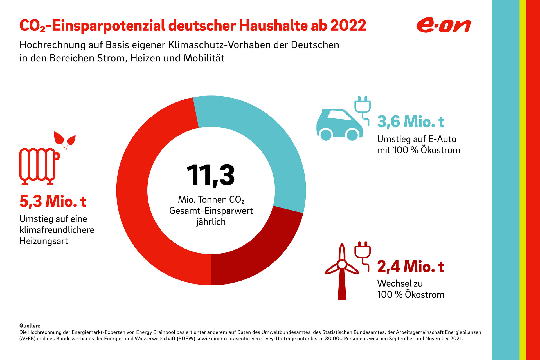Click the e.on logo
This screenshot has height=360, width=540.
pyautogui.click(x=443, y=26)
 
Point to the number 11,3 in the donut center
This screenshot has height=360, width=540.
pyautogui.click(x=210, y=175)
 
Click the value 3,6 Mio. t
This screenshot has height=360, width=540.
pyautogui.click(x=410, y=122)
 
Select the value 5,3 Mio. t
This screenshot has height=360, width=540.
pyautogui.click(x=53, y=202)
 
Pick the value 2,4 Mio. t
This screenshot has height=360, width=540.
pyautogui.click(x=410, y=267)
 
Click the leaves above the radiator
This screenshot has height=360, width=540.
pyautogui.click(x=65, y=139)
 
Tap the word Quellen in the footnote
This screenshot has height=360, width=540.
pyautogui.click(x=30, y=326)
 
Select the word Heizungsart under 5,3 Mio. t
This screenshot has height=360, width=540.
pyautogui.click(x=44, y=241)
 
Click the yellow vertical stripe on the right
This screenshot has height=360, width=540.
pyautogui.click(x=523, y=180)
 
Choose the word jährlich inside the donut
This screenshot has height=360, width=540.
pyautogui.click(x=211, y=222)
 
